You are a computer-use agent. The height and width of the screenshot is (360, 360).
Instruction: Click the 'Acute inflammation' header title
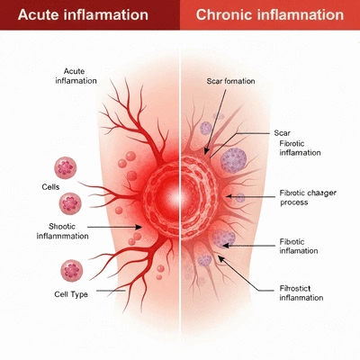point(83,14)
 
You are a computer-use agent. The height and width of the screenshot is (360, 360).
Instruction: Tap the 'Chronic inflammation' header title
point(270,14)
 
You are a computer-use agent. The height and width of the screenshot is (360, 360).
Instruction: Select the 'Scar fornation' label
point(230,81)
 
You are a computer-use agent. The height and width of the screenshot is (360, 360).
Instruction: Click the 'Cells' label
point(50,187)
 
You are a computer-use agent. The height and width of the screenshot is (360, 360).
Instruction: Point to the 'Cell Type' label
point(71,294)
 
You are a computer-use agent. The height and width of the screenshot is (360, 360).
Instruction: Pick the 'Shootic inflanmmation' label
point(62,231)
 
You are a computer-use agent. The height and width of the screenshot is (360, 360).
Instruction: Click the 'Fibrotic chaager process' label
point(308,197)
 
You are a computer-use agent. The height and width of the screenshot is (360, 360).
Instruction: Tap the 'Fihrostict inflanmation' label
point(301,293)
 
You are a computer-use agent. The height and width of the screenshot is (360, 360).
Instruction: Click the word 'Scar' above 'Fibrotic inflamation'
point(283,133)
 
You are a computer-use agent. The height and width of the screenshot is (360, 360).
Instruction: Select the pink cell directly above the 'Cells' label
point(66,168)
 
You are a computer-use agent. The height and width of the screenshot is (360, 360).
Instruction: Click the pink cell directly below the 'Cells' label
point(70,203)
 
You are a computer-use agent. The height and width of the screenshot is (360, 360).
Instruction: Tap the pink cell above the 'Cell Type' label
point(72,271)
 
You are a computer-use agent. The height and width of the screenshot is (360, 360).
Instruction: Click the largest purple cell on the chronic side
point(233,160)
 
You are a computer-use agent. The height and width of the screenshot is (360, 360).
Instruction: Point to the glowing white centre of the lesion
point(179,197)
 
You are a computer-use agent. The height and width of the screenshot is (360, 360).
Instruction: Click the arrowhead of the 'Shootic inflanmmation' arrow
point(139,227)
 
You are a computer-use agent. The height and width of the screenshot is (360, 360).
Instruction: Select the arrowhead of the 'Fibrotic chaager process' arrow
point(229,196)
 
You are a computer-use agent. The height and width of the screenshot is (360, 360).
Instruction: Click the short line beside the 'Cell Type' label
point(111,291)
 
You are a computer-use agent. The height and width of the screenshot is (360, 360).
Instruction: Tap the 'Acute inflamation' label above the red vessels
point(76,76)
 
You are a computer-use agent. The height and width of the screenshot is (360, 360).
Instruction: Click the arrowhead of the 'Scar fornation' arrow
point(206,151)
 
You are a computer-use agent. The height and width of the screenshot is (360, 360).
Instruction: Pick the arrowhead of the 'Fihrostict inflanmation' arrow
point(221,258)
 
